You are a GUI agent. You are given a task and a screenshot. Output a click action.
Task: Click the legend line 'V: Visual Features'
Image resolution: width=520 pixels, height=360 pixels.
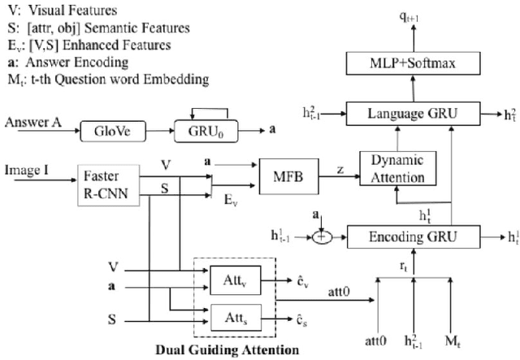click(61, 12)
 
